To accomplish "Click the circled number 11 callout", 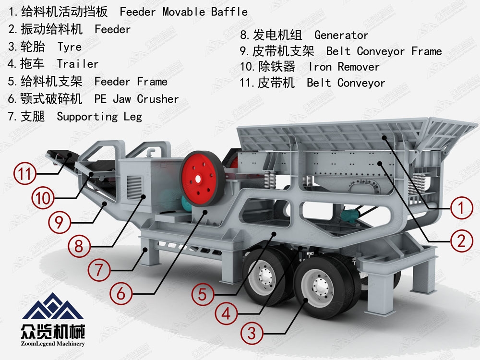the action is point(25,173).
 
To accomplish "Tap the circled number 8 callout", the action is point(79,246).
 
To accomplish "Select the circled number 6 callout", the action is point(121,293).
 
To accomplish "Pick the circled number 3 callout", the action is point(252,333).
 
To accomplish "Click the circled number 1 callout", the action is point(461,208).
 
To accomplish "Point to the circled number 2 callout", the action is point(461,241).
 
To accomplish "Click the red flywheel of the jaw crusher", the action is point(202,179).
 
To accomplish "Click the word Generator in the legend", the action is point(341,35).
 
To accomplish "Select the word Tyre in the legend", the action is point(70,47).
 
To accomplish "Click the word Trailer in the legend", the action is point(78,64).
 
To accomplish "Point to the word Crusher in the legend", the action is point(157,99).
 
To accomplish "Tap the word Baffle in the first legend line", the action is point(229,12).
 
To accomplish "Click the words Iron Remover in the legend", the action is point(344,67).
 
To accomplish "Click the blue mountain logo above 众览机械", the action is point(53,306).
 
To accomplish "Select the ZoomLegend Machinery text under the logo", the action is point(53,344).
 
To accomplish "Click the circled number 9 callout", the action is point(60,222).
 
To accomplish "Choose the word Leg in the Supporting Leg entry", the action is point(133,117).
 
